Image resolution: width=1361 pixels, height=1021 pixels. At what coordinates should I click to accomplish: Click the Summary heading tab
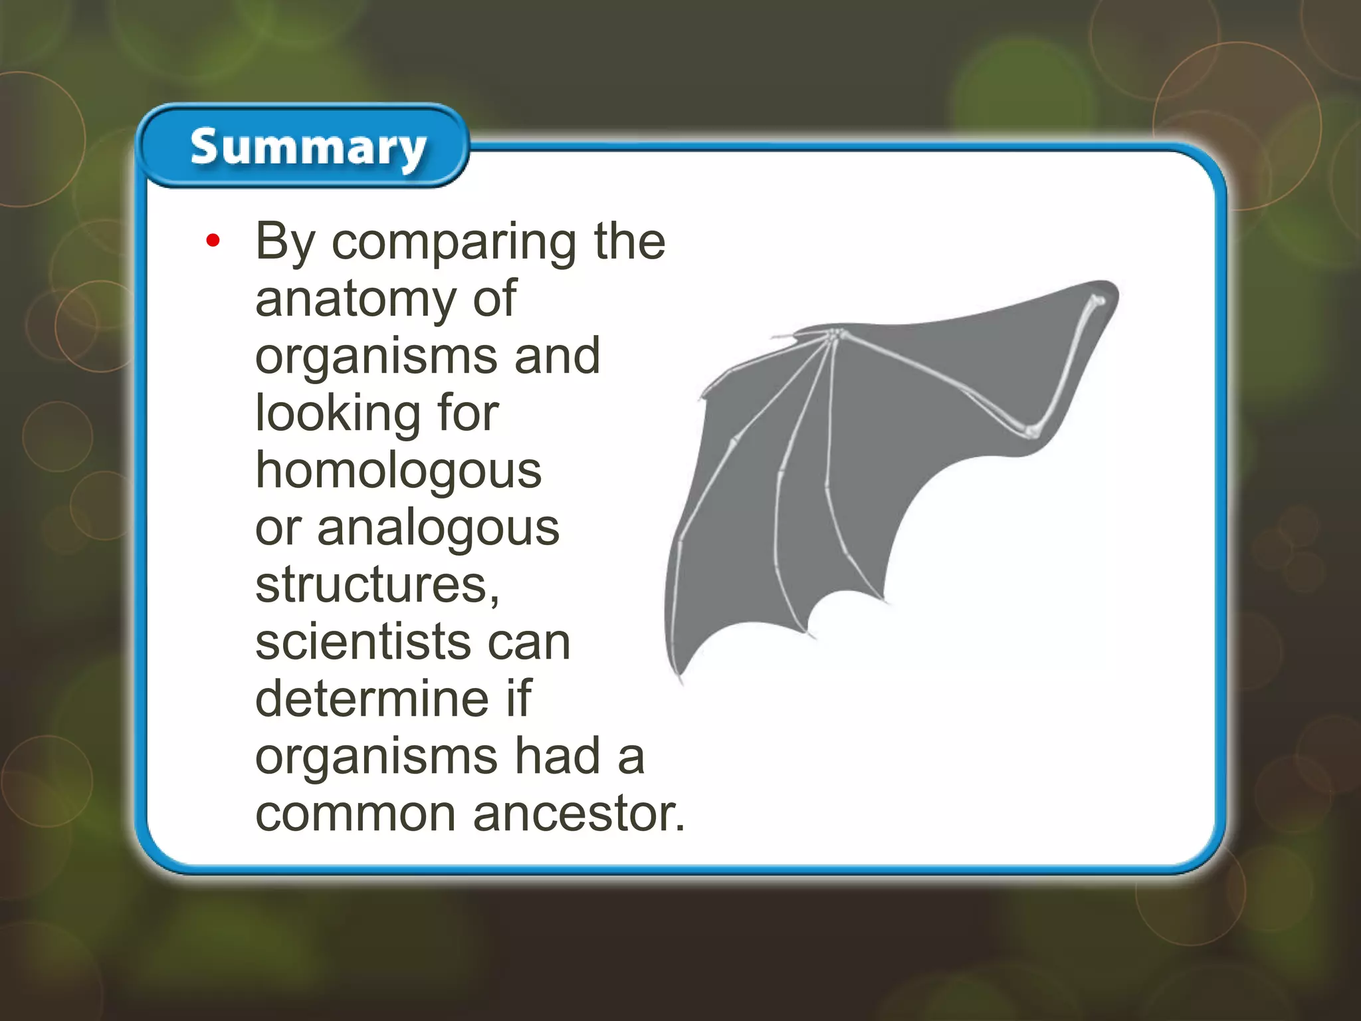[307, 147]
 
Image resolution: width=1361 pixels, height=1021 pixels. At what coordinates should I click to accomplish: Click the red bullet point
[213, 241]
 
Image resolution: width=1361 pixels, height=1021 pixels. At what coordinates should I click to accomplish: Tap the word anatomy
[355, 299]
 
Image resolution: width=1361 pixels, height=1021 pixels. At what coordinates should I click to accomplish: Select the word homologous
[399, 470]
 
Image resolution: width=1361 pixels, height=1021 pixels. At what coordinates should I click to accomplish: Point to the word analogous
[438, 528]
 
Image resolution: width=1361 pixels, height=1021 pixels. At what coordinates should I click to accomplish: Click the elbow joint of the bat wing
[1031, 431]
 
